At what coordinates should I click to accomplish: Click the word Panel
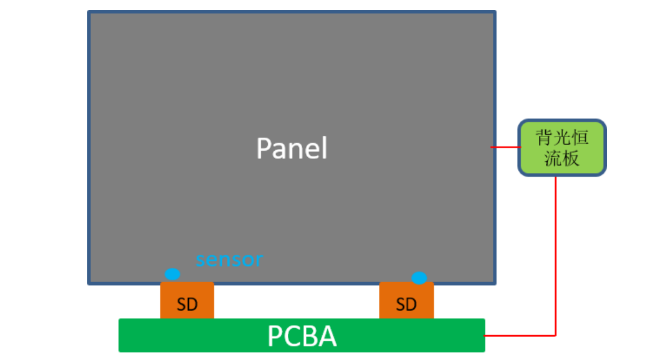click(292, 149)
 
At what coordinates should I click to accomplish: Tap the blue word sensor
click(229, 259)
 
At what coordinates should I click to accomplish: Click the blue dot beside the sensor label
click(172, 274)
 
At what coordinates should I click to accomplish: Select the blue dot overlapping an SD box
click(419, 278)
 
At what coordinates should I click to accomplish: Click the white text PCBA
click(302, 336)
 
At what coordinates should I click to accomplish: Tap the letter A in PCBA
click(327, 336)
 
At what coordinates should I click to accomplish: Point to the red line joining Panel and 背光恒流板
click(507, 147)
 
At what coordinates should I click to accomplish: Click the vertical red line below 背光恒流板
click(556, 255)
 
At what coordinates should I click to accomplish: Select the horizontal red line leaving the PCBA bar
click(520, 335)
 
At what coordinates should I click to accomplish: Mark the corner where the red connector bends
click(556, 335)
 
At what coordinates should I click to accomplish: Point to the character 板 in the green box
click(571, 158)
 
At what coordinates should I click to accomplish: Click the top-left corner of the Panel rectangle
click(89, 12)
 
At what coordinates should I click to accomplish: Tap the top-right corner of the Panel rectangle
click(495, 12)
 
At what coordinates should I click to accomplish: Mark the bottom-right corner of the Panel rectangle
click(495, 283)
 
